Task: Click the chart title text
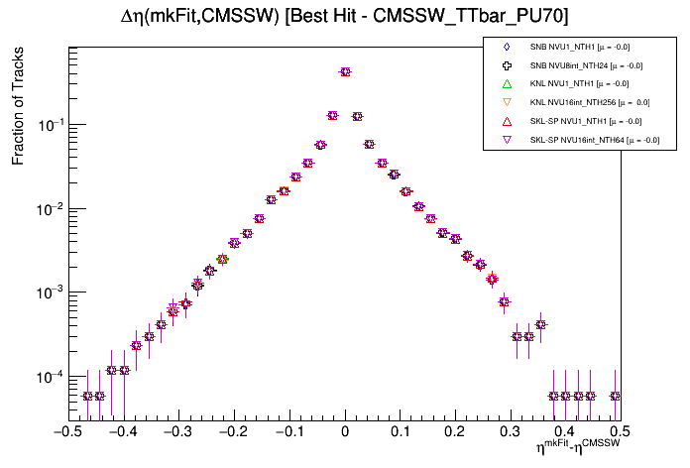[x=344, y=15]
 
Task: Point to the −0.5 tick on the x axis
[x=67, y=432]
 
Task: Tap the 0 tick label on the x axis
[x=345, y=432]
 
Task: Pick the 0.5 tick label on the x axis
[x=620, y=432]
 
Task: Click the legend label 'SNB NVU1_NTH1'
[x=580, y=47]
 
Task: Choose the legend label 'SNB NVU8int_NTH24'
[x=588, y=65]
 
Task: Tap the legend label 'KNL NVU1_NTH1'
[x=580, y=83]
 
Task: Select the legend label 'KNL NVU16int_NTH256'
[x=590, y=102]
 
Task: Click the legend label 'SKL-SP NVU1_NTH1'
[x=586, y=121]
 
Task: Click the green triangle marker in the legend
[x=506, y=83]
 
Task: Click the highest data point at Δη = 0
[x=345, y=71]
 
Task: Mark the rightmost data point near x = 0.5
[x=615, y=396]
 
